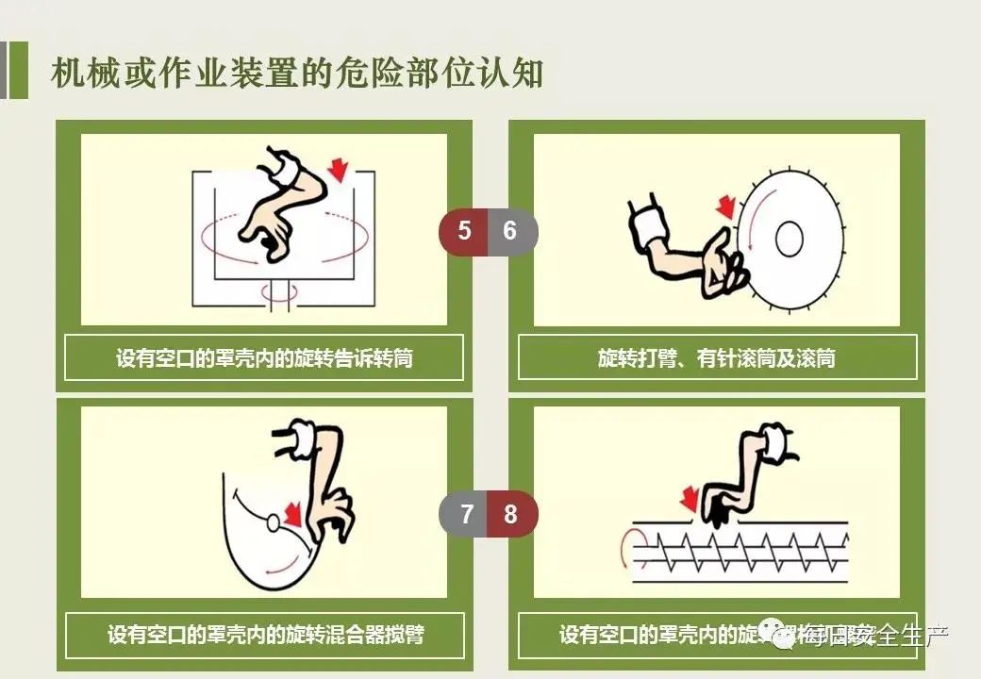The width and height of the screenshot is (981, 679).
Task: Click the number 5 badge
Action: pyautogui.click(x=464, y=231)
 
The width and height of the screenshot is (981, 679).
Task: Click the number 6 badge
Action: pyautogui.click(x=510, y=231)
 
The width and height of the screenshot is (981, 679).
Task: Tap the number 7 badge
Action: pyautogui.click(x=466, y=515)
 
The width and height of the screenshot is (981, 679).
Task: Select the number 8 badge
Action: pyautogui.click(x=511, y=515)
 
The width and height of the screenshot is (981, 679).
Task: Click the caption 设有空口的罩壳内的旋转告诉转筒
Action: pyautogui.click(x=264, y=358)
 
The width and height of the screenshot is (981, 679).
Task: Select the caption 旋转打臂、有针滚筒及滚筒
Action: pyautogui.click(x=717, y=358)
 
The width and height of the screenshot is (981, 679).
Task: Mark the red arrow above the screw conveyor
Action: pyautogui.click(x=690, y=499)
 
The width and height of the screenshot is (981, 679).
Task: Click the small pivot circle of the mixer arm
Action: pyautogui.click(x=273, y=522)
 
